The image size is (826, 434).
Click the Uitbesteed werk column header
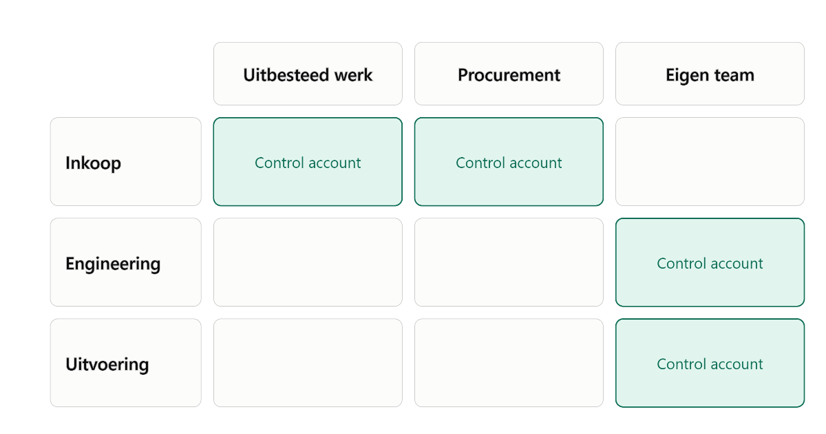click(308, 74)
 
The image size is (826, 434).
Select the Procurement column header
click(509, 74)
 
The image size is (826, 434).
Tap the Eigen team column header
click(710, 74)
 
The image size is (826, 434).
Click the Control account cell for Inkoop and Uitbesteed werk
click(308, 162)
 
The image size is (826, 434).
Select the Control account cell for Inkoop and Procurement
click(509, 162)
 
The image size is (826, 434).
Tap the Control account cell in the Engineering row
click(710, 262)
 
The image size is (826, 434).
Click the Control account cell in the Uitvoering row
click(710, 363)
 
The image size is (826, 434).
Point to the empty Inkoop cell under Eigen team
click(710, 162)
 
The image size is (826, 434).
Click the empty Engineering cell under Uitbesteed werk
click(308, 262)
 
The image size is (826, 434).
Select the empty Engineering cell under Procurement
click(509, 262)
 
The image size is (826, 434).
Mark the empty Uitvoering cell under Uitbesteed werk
click(308, 363)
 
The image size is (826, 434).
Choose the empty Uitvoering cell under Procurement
click(509, 363)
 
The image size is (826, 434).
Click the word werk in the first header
click(353, 75)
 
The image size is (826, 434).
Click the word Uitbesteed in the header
click(286, 75)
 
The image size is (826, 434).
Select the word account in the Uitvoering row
click(737, 364)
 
